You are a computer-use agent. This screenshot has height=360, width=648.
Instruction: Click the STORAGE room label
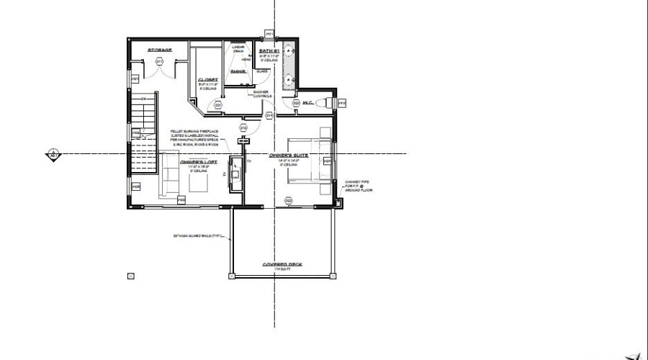pos(159,50)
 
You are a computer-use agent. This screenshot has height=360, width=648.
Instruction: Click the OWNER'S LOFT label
pos(194,163)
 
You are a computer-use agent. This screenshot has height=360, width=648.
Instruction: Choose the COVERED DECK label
pos(282,264)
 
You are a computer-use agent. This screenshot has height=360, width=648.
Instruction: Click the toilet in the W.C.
pos(327,103)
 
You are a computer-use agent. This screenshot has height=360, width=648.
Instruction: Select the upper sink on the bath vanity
pos(291,52)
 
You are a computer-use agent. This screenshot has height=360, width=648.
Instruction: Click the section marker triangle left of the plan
pos(53,153)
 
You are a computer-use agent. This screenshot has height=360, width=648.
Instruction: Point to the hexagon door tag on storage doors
pos(159,63)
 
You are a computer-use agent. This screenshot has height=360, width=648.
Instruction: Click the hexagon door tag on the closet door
pos(217,105)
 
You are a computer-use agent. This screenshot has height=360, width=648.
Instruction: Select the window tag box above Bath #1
pos(269,33)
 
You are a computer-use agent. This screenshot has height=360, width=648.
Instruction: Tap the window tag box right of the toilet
pos(343,103)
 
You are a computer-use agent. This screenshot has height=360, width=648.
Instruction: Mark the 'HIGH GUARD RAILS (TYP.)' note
pos(198,235)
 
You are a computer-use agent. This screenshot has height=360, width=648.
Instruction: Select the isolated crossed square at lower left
pos(130,275)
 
